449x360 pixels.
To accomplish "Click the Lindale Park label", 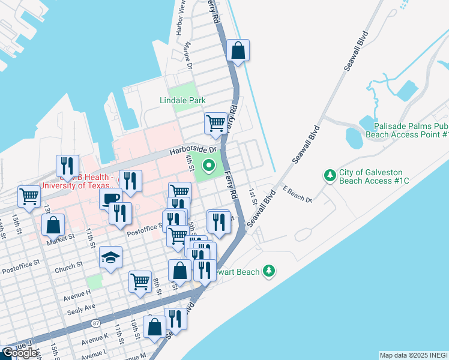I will coord(182,100).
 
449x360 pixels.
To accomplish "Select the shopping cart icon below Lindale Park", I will coord(216,124).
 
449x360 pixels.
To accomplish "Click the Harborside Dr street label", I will coord(191,150).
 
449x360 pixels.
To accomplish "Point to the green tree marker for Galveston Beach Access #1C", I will coord(330,175).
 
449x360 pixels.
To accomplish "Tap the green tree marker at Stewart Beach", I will coord(270,271).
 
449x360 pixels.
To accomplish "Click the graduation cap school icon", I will coord(110,257).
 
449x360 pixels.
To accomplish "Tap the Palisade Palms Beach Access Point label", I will coord(411,131).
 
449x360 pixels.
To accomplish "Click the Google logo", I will coord(19,353).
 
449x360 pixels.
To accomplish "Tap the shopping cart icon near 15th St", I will coord(29,196).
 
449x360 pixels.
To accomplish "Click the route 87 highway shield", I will coord(96,323).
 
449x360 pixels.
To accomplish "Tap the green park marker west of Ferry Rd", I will coord(209,164).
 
